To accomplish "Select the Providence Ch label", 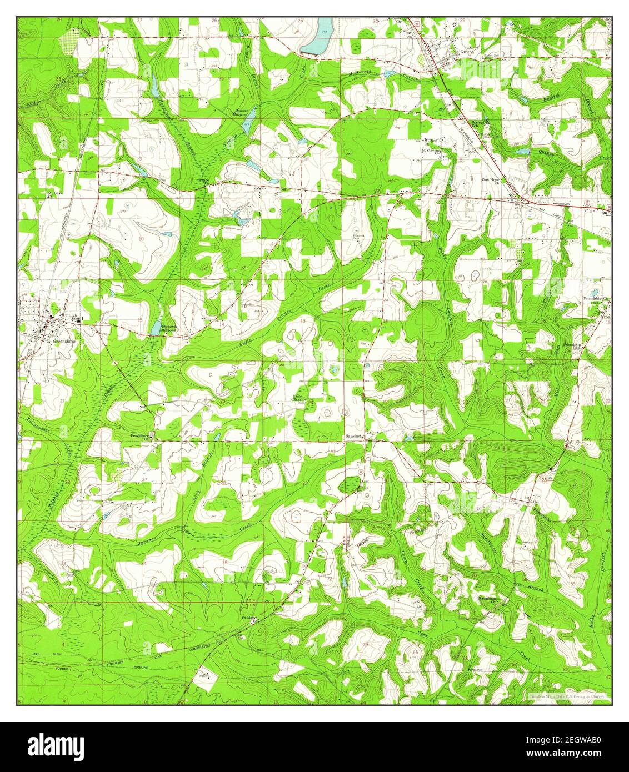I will click(x=141, y=437).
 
